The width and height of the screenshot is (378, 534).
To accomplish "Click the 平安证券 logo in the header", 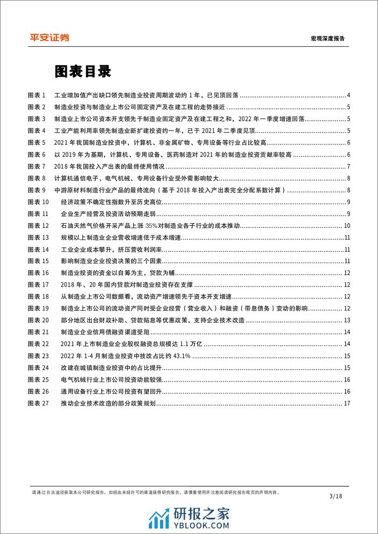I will point(48,37).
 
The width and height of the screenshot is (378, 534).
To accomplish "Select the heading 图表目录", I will point(82,72).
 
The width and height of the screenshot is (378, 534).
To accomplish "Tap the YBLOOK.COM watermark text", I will point(205,520).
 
